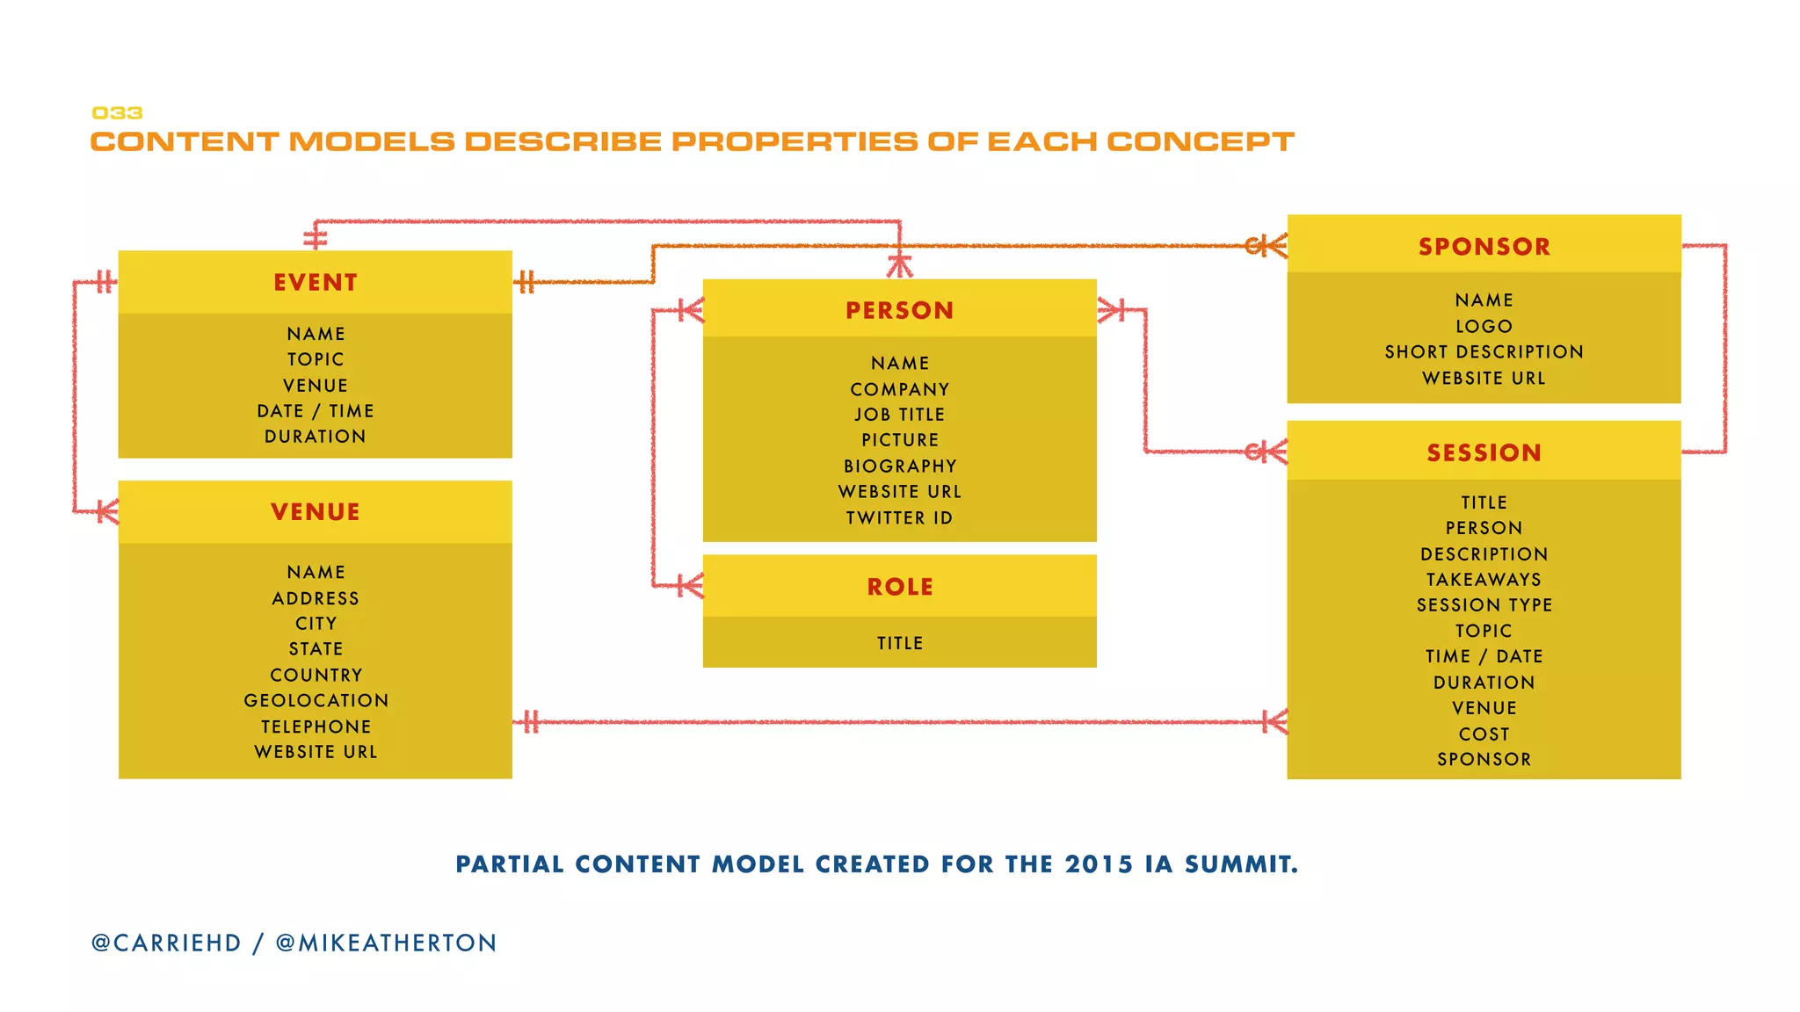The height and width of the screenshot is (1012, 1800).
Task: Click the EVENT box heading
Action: [x=316, y=283]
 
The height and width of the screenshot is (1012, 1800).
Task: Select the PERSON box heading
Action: [x=899, y=311]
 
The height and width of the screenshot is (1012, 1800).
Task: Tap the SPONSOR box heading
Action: [x=1484, y=247]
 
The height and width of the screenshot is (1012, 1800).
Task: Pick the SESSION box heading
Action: [x=1484, y=453]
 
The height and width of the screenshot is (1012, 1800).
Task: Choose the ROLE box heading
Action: [x=900, y=587]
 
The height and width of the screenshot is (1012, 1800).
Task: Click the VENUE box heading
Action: [x=316, y=512]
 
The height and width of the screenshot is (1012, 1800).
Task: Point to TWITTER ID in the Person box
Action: [x=899, y=518]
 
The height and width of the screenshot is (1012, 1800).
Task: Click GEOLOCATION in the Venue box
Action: [x=316, y=701]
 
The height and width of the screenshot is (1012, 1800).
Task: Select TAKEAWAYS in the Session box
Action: [x=1484, y=580]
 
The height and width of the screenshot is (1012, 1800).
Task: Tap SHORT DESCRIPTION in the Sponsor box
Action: [x=1484, y=352]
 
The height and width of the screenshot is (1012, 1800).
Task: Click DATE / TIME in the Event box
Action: [x=316, y=411]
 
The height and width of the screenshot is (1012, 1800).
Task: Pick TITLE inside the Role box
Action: [x=900, y=644]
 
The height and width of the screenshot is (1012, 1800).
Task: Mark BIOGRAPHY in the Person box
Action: [x=900, y=466]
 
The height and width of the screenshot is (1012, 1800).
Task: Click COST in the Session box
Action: [x=1484, y=734]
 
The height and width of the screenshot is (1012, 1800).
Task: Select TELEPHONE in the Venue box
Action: [x=316, y=727]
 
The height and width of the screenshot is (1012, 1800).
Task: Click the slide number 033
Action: [x=117, y=113]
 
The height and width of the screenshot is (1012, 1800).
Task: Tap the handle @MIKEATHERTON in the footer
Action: [x=387, y=943]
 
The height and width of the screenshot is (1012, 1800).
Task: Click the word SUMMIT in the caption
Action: [x=1240, y=864]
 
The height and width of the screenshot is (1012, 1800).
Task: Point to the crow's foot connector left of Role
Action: [x=691, y=586]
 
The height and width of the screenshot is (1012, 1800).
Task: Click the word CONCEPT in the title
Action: [x=1200, y=142]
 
